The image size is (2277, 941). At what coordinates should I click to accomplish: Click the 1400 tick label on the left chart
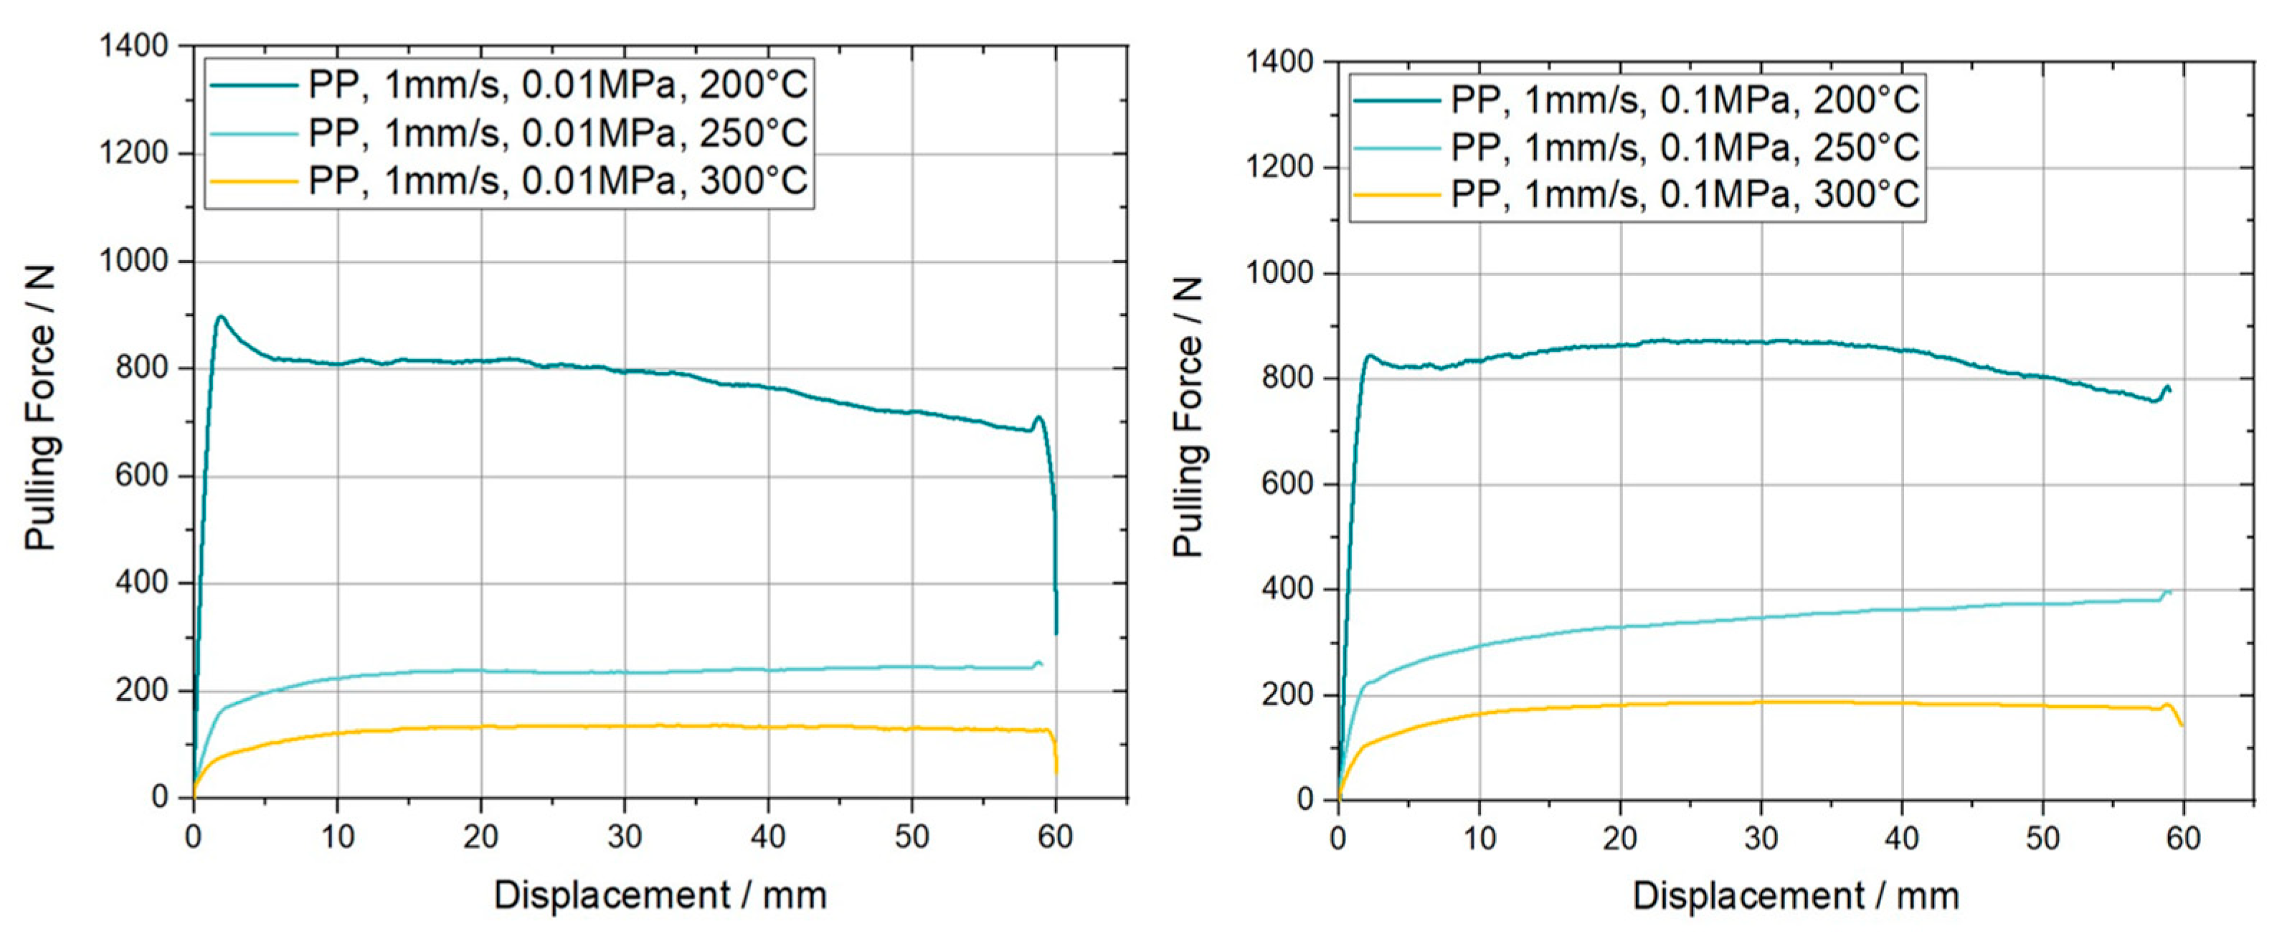(x=133, y=46)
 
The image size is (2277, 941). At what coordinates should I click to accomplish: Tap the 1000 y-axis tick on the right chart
(x=1280, y=273)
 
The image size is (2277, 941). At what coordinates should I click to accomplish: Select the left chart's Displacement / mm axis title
(x=659, y=895)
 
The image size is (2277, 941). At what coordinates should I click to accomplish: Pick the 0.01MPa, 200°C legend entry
(x=557, y=85)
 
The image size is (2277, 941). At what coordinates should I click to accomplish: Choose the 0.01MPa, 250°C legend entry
(x=557, y=133)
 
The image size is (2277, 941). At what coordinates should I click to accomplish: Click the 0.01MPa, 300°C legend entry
(x=557, y=181)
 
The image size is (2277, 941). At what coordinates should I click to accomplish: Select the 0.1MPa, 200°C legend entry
(x=1684, y=100)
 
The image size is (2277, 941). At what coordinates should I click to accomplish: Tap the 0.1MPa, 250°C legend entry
(x=1684, y=147)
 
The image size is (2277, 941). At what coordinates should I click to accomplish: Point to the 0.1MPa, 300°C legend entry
(x=1684, y=194)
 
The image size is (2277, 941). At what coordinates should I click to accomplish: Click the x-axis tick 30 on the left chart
(x=624, y=835)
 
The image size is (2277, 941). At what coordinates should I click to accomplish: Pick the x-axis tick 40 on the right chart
(x=1901, y=838)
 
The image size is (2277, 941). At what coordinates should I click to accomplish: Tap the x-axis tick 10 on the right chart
(x=1479, y=838)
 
